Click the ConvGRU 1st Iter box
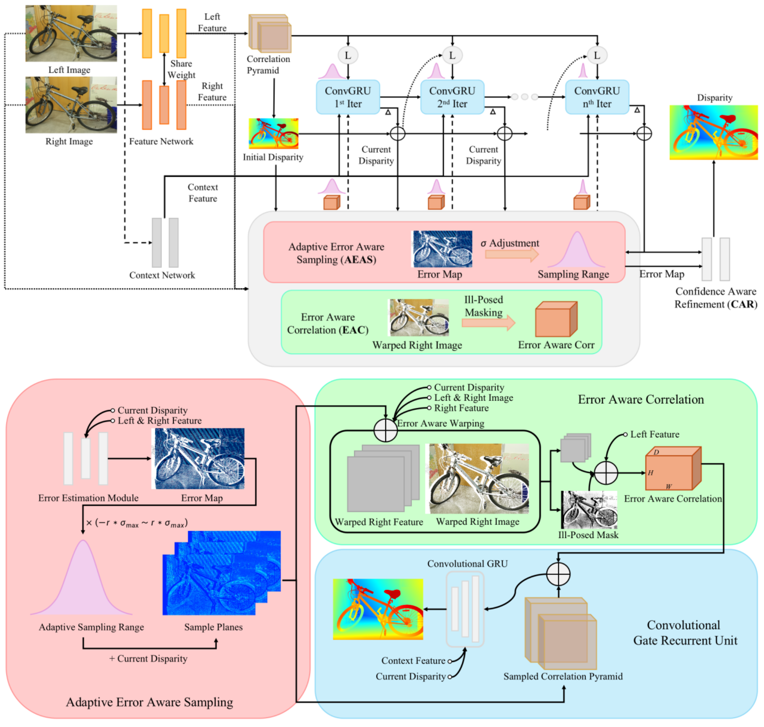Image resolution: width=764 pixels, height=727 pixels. click(348, 97)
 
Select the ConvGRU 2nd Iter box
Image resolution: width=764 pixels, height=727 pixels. click(452, 97)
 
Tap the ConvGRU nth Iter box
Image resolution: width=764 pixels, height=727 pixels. click(597, 97)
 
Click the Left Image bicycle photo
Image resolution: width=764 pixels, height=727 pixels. click(71, 34)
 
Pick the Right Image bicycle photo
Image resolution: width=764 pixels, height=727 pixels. click(71, 105)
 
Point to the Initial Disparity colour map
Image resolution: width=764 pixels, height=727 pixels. click(273, 133)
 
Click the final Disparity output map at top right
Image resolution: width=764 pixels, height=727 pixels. click(714, 132)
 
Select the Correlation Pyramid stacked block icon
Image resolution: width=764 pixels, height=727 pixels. click(270, 34)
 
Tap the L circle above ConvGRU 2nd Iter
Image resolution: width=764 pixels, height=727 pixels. click(452, 55)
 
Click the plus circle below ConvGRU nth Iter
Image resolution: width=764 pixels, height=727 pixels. click(644, 133)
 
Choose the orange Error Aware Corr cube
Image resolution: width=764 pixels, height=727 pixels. click(556, 320)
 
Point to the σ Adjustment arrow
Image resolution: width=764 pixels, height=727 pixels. click(512, 254)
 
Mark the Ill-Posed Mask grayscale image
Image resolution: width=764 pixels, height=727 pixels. click(589, 510)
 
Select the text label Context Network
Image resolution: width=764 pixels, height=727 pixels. click(162, 275)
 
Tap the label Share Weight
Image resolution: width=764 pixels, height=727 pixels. click(181, 69)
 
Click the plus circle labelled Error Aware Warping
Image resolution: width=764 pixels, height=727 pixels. click(385, 430)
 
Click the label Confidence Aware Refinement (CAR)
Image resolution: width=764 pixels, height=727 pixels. click(715, 298)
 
